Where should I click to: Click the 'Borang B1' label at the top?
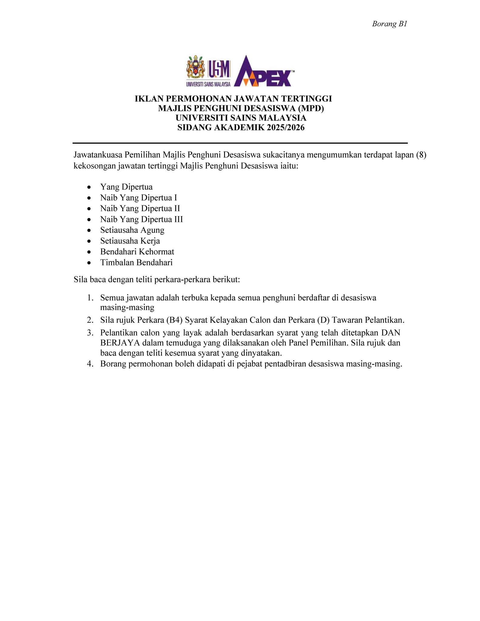[389, 24]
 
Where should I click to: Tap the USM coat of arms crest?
[196, 67]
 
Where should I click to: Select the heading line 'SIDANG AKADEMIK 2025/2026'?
[241, 128]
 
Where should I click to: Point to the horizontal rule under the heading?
[240, 143]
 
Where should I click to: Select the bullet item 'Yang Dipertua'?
[126, 187]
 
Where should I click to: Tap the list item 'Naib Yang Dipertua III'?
[142, 219]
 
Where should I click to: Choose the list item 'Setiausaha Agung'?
[132, 230]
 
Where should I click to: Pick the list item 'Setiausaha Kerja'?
[130, 241]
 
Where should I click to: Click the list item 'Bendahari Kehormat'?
[137, 252]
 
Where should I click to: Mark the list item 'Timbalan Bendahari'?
[136, 262]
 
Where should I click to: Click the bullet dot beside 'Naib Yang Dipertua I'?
[89, 198]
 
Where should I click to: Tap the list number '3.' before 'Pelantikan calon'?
[90, 333]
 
